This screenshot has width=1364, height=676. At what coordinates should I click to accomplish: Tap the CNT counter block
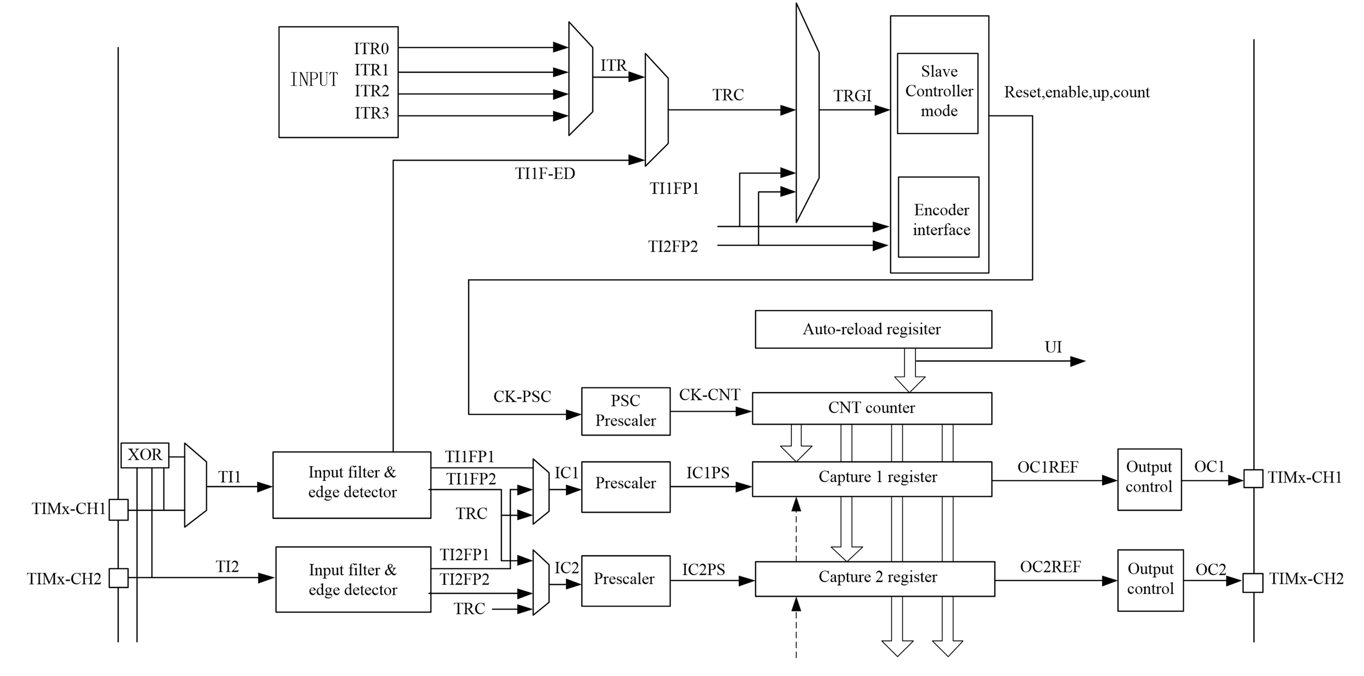tap(872, 408)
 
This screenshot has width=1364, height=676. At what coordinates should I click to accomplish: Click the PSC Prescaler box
tap(625, 411)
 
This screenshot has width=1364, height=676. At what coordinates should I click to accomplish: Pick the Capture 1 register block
tap(872, 478)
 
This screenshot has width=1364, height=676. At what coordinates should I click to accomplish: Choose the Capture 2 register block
tap(874, 579)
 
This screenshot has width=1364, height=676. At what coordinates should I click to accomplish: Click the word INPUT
tap(314, 79)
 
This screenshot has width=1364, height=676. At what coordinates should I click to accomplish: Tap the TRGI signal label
tap(852, 96)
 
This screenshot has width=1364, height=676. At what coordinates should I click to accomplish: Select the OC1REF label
tap(1047, 467)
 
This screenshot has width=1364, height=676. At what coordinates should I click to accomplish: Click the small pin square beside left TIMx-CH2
tap(119, 578)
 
